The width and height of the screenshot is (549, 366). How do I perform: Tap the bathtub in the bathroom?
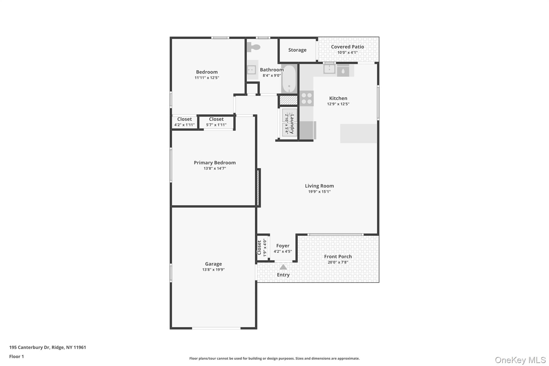point(289,79)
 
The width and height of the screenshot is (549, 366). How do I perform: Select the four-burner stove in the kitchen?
point(307,98)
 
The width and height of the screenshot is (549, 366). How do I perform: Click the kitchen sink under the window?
point(329,69)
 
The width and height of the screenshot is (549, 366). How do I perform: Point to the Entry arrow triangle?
point(283,267)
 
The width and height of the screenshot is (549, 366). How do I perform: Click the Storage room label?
point(297,50)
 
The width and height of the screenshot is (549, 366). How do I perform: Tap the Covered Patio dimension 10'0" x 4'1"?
point(347,53)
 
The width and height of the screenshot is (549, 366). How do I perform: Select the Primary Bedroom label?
point(214,163)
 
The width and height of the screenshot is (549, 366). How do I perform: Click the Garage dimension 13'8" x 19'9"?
point(213,270)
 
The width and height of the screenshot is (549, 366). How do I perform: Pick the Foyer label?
point(283,246)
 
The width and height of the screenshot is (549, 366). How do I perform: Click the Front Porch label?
point(338,257)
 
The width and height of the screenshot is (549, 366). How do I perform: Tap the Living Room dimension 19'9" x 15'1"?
point(319,192)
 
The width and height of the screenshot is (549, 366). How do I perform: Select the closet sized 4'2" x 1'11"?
point(184,122)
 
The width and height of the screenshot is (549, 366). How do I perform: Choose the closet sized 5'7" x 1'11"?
point(216,122)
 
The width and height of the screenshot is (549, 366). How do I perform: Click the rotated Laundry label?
point(292,124)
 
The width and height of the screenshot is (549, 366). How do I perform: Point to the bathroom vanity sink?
point(251,70)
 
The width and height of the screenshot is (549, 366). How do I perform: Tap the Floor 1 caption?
point(16,357)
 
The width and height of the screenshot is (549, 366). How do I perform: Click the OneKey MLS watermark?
point(520,360)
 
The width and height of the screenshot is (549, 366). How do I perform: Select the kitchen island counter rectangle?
point(358,133)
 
